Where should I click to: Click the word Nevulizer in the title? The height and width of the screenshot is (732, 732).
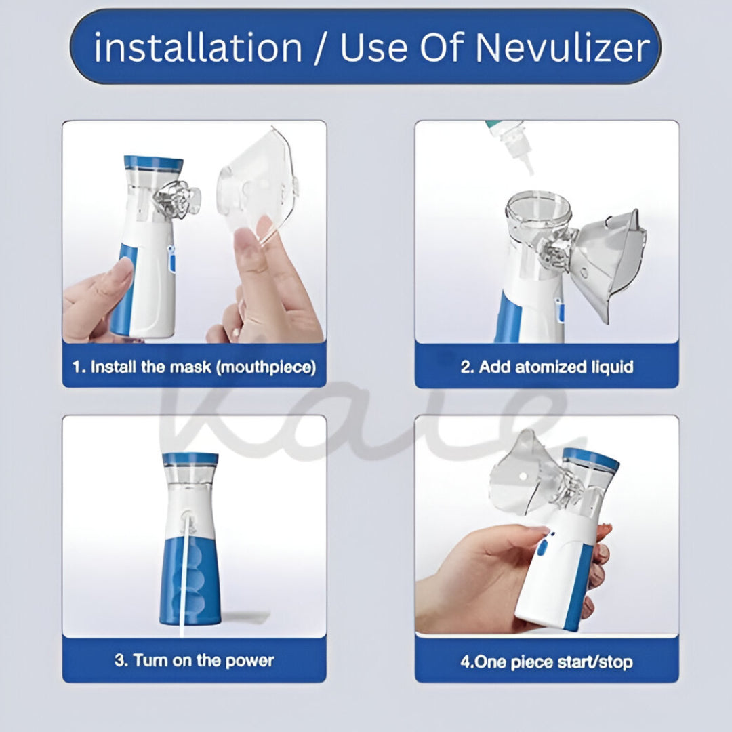pos(563,48)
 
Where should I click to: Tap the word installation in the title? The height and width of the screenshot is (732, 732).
pos(198,48)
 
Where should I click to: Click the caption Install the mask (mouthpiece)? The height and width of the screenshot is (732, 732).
pos(194,367)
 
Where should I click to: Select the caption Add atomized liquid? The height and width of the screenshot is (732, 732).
pos(546,367)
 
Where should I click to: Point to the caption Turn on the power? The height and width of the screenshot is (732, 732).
pos(194,660)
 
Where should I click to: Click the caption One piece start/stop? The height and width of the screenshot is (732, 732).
pos(546,661)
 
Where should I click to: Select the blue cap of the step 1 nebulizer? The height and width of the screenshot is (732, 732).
pos(153,163)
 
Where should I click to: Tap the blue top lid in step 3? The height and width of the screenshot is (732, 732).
pos(190,459)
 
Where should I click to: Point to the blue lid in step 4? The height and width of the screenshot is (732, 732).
pos(592,460)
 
